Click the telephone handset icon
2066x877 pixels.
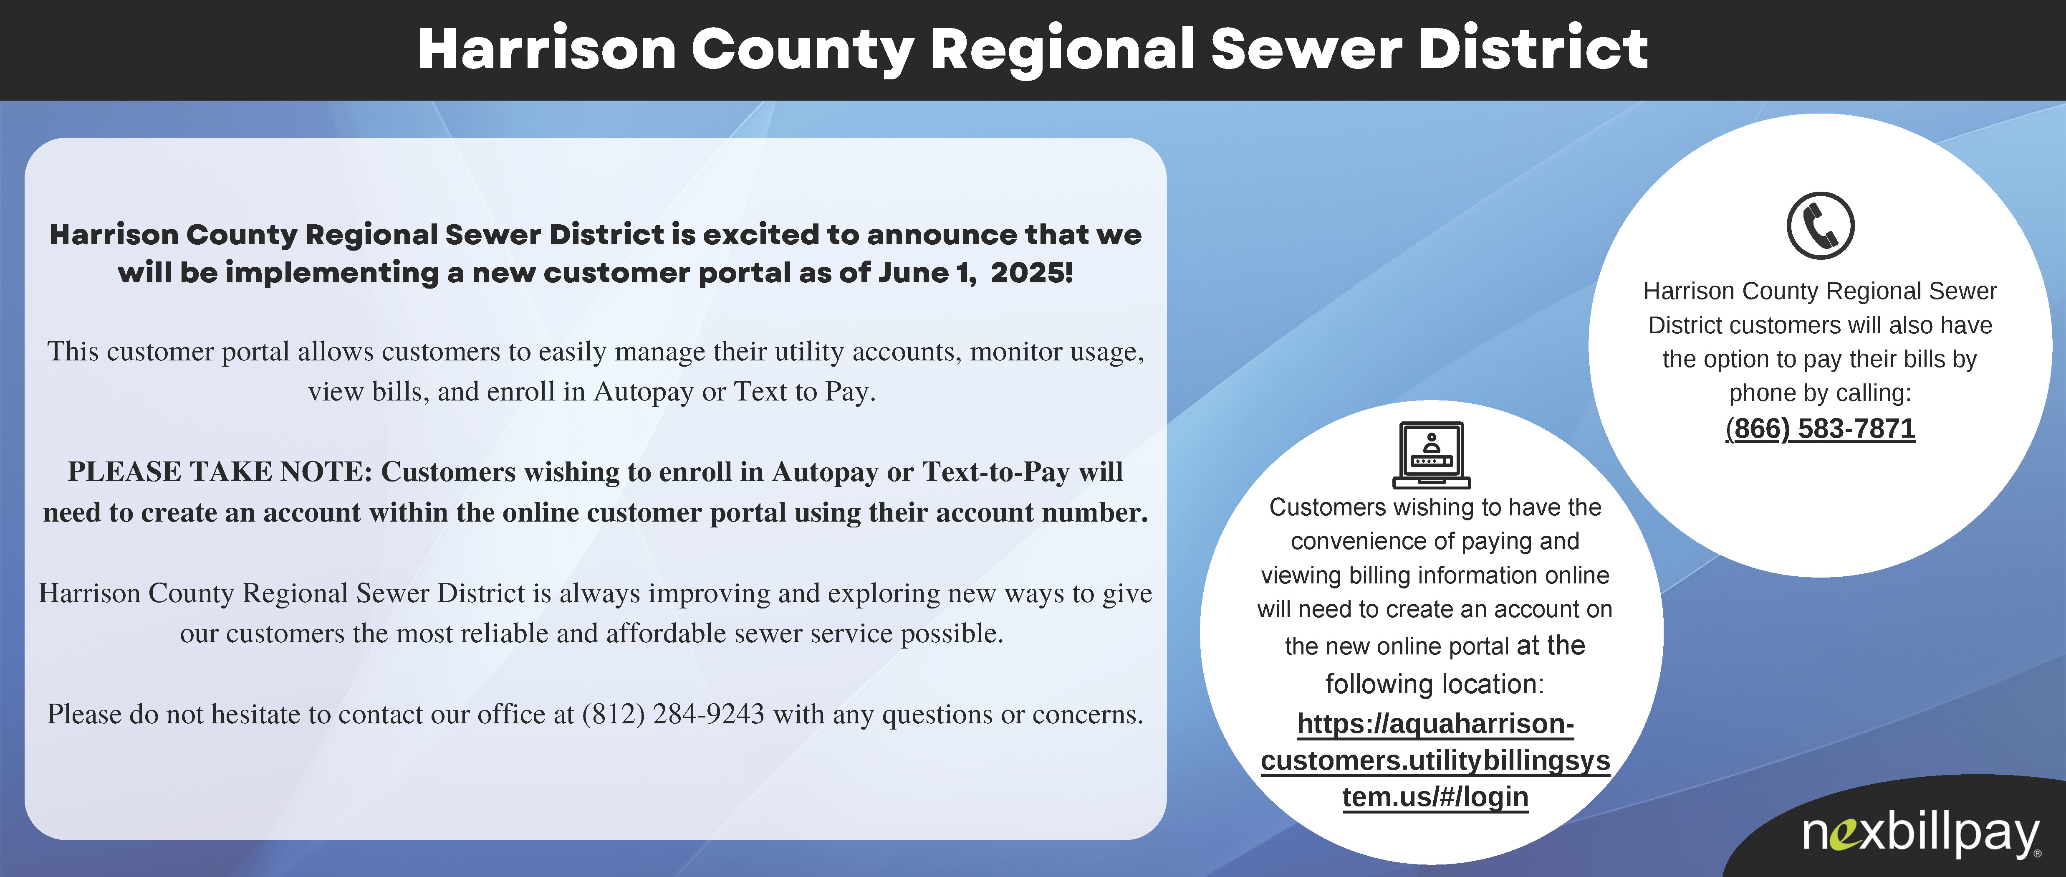point(1821,226)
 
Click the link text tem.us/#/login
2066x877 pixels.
point(1435,797)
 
